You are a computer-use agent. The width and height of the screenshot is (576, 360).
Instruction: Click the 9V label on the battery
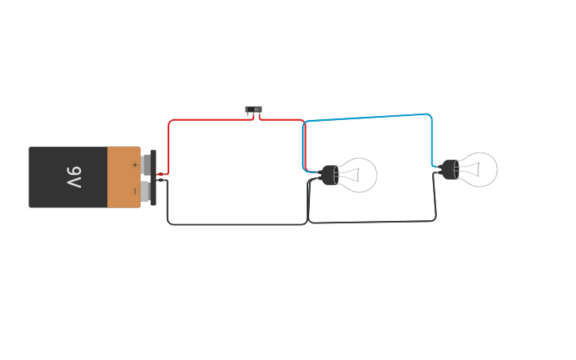pyautogui.click(x=73, y=177)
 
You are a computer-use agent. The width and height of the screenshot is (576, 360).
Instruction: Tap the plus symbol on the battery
pyautogui.click(x=134, y=165)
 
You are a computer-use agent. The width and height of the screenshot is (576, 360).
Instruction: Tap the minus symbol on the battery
pyautogui.click(x=134, y=191)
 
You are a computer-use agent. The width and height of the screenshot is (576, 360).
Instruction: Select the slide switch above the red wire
pyautogui.click(x=253, y=110)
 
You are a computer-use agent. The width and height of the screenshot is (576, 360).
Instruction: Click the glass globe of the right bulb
pyautogui.click(x=481, y=169)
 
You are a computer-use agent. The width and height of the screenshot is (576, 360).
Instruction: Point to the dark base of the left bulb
pyautogui.click(x=329, y=175)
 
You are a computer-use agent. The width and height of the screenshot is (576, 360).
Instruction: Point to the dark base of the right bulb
pyautogui.click(x=450, y=169)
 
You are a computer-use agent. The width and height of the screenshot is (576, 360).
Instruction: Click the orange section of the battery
pyautogui.click(x=123, y=177)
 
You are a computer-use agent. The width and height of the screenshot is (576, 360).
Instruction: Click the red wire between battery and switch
pyautogui.click(x=207, y=120)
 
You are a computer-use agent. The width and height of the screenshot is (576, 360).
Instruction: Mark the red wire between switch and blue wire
pyautogui.click(x=281, y=120)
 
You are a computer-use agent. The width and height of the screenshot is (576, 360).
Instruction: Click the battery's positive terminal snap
pyautogui.click(x=146, y=165)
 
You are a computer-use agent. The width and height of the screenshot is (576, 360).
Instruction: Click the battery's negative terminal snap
pyautogui.click(x=146, y=191)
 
